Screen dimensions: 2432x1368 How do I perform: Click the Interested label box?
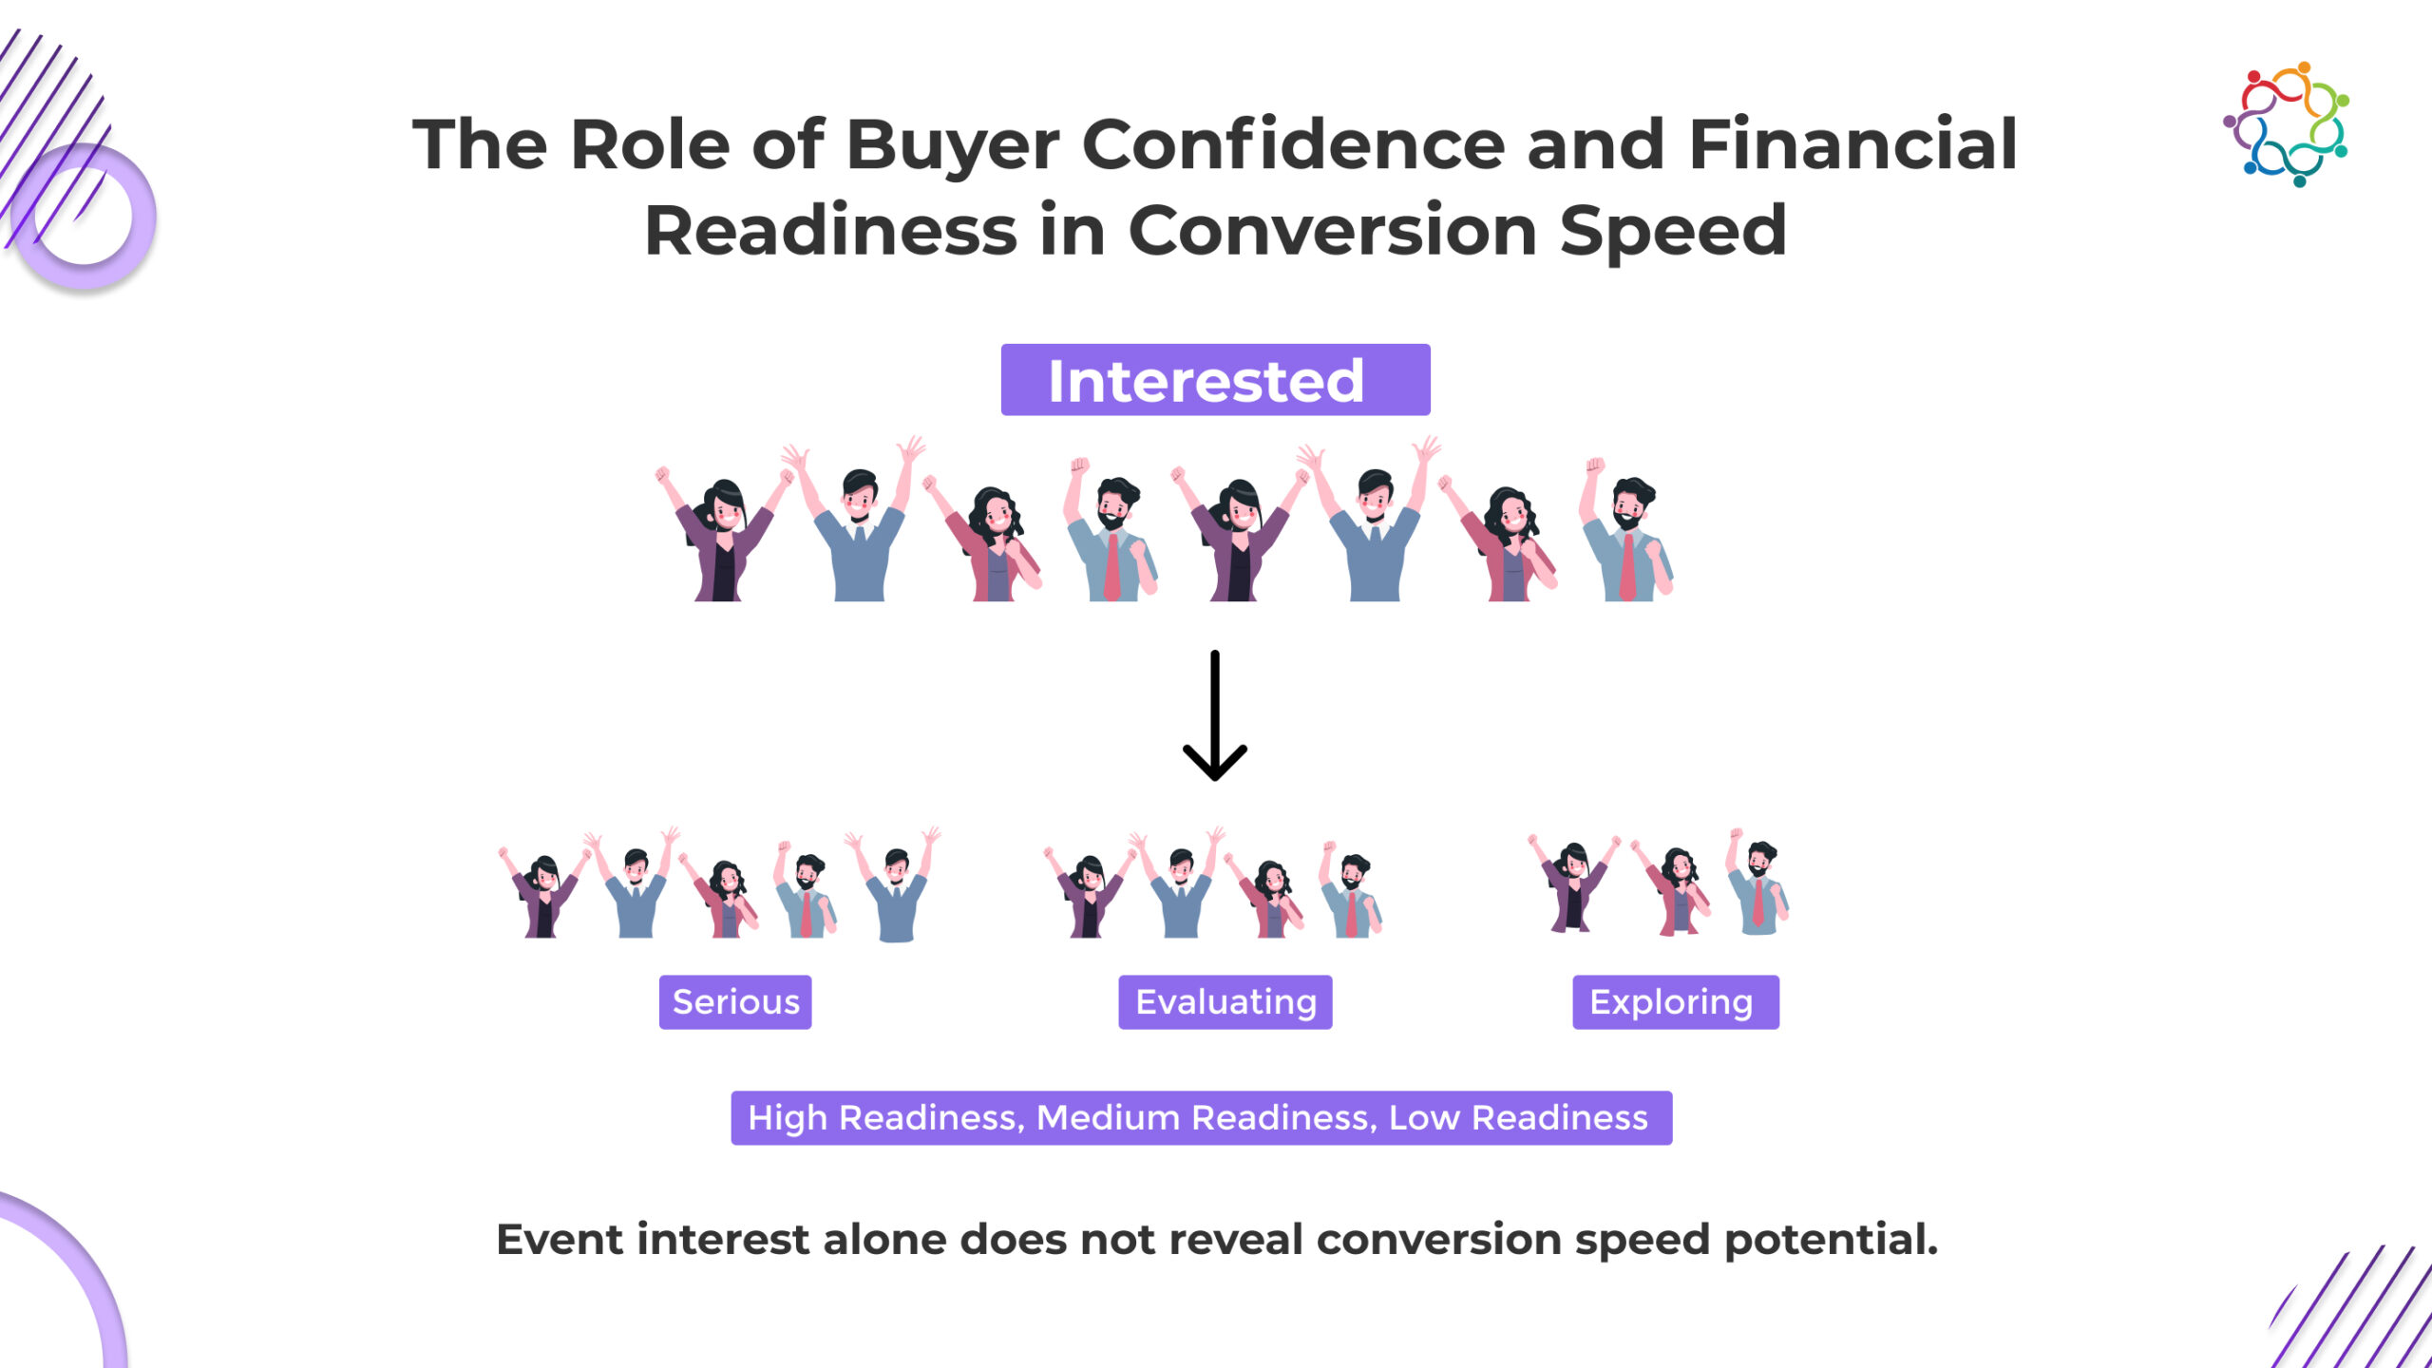1215,380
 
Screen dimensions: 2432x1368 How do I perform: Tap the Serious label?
735,1002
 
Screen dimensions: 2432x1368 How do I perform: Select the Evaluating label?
1225,1002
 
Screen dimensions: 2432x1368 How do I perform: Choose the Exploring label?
1676,1002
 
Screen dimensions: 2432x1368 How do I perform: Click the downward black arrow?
1215,715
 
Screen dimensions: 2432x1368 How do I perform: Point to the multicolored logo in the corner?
2287,123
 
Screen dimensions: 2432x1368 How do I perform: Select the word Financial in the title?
1852,144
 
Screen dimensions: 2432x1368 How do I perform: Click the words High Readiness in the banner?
882,1118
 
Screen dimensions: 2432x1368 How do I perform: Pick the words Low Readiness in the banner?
1518,1118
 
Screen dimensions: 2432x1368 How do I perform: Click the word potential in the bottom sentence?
1831,1241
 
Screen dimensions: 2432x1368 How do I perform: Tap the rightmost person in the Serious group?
893,883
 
